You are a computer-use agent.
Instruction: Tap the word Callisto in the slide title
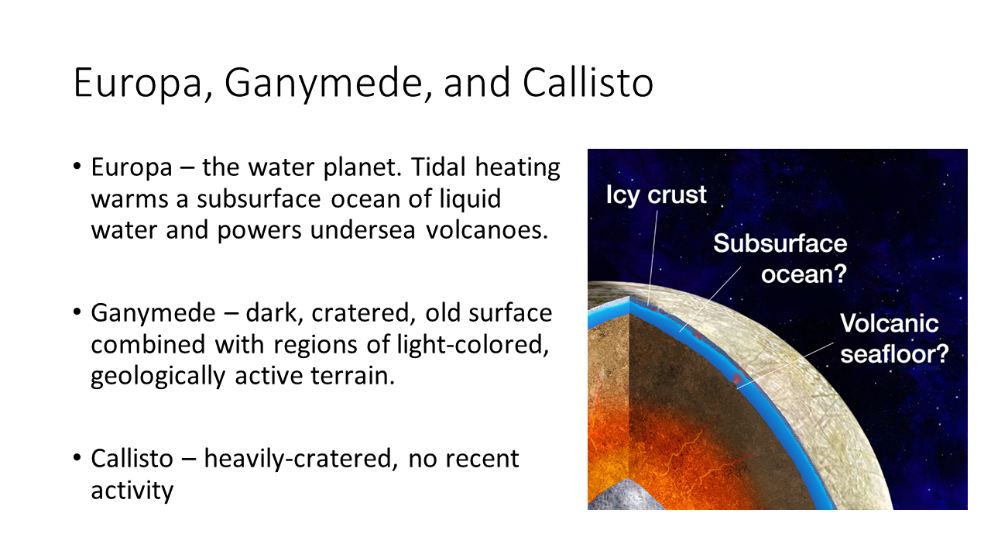click(588, 82)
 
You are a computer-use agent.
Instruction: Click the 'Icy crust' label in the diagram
click(656, 195)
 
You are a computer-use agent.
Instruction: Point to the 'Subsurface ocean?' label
click(780, 259)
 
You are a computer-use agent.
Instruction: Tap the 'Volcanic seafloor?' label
click(894, 339)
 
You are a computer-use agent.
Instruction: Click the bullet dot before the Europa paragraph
click(77, 167)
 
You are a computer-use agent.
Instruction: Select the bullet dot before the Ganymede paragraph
click(77, 312)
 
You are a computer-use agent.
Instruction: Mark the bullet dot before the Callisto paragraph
click(77, 457)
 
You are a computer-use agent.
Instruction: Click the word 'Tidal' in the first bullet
click(438, 167)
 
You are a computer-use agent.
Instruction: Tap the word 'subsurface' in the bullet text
click(259, 199)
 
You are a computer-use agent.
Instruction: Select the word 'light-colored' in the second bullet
click(473, 345)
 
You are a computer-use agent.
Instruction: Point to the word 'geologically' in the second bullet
click(158, 376)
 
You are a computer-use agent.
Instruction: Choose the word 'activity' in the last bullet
click(132, 491)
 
